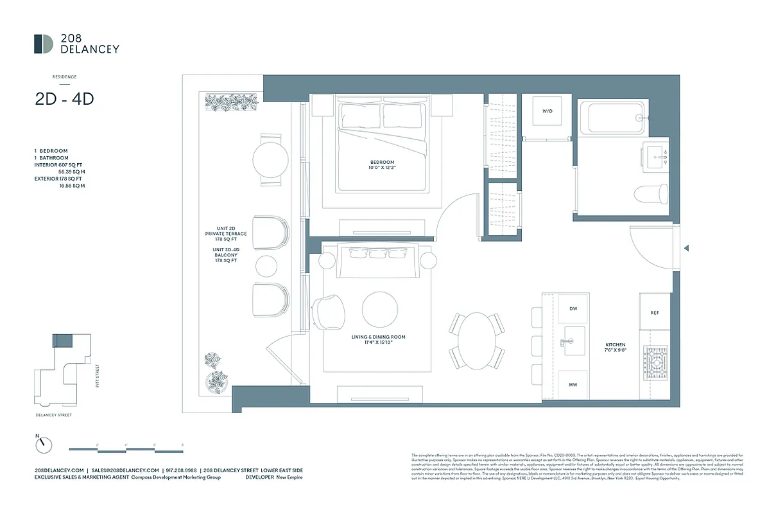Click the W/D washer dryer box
click(547, 112)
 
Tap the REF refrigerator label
click(654, 313)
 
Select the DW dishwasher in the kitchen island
click(573, 309)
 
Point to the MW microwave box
click(573, 385)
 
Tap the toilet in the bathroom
click(652, 193)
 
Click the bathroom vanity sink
click(655, 155)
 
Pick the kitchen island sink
click(573, 341)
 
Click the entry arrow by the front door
click(687, 249)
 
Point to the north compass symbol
click(43, 444)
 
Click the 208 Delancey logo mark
click(44, 44)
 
